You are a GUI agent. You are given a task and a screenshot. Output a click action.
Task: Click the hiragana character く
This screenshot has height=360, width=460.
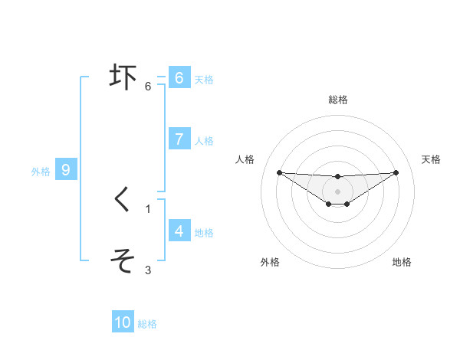pos(123,200)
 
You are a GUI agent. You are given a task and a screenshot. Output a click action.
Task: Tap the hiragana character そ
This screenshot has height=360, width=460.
pos(123,261)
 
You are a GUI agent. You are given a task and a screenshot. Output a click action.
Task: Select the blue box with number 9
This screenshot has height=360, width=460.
pos(66,170)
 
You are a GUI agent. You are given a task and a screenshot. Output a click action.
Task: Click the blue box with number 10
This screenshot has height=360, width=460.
pos(123,322)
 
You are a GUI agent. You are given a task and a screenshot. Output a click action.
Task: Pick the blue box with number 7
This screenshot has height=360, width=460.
pos(179,139)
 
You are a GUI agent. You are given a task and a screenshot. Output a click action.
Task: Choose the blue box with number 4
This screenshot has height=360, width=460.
pos(179,231)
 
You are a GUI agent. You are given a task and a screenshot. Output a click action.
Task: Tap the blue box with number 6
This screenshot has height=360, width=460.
pos(179,77)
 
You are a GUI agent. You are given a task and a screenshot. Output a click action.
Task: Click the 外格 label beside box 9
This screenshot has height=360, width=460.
pos(41,172)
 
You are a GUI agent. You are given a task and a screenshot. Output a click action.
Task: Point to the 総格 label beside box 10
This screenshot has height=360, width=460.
pos(147,324)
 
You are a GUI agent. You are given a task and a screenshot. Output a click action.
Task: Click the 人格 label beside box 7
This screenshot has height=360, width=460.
pos(204,140)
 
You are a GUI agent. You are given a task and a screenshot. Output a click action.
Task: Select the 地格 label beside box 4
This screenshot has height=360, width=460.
pos(204,232)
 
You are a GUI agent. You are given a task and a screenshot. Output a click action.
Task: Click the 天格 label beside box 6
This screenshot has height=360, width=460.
pos(204,79)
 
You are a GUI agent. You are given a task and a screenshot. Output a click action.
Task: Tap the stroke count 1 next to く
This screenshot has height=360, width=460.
pos(148,208)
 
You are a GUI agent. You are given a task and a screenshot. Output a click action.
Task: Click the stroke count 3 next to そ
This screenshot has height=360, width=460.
pos(148,270)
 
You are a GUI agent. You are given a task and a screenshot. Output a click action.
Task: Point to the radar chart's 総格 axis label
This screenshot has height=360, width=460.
pos(337,100)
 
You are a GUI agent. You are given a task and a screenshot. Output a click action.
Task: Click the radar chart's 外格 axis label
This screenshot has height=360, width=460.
pos(270,262)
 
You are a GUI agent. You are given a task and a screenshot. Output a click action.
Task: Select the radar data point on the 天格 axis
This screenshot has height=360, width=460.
pos(396,172)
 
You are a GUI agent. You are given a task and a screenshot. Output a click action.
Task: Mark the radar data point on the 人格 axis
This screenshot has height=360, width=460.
pos(279,172)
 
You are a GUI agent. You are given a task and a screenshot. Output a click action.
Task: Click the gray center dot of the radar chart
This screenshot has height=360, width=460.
pos(337,191)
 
